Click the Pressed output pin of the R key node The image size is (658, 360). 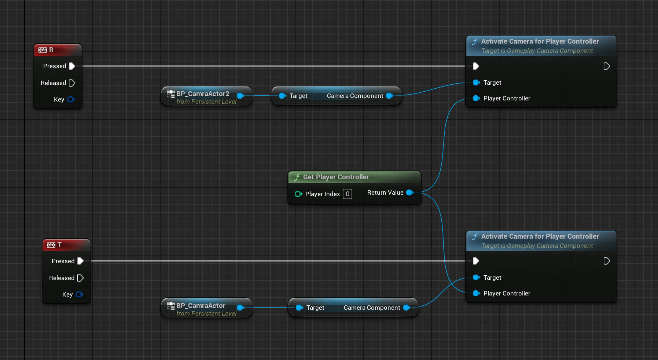click(72, 66)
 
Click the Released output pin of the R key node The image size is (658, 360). click(72, 83)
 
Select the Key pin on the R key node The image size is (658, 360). click(71, 99)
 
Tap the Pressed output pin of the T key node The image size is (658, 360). click(80, 261)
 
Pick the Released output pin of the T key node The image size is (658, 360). click(80, 278)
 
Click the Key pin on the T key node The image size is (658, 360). click(80, 294)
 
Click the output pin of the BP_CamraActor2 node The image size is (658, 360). click(240, 96)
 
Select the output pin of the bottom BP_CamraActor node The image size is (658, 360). click(240, 308)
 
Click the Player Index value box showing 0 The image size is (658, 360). click(348, 194)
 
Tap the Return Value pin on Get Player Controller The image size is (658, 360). click(410, 192)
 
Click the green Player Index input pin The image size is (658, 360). click(298, 194)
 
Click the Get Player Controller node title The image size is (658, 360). click(336, 177)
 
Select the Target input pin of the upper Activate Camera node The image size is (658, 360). click(476, 82)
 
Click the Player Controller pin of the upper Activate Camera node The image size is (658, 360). click(476, 98)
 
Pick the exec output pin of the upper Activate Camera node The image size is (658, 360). click(607, 66)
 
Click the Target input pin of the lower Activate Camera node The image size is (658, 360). click(476, 278)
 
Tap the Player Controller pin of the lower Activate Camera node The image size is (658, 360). click(476, 293)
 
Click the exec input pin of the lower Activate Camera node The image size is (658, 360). click(476, 261)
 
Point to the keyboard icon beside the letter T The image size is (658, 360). click(51, 245)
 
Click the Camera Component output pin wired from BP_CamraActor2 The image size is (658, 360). click(390, 96)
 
